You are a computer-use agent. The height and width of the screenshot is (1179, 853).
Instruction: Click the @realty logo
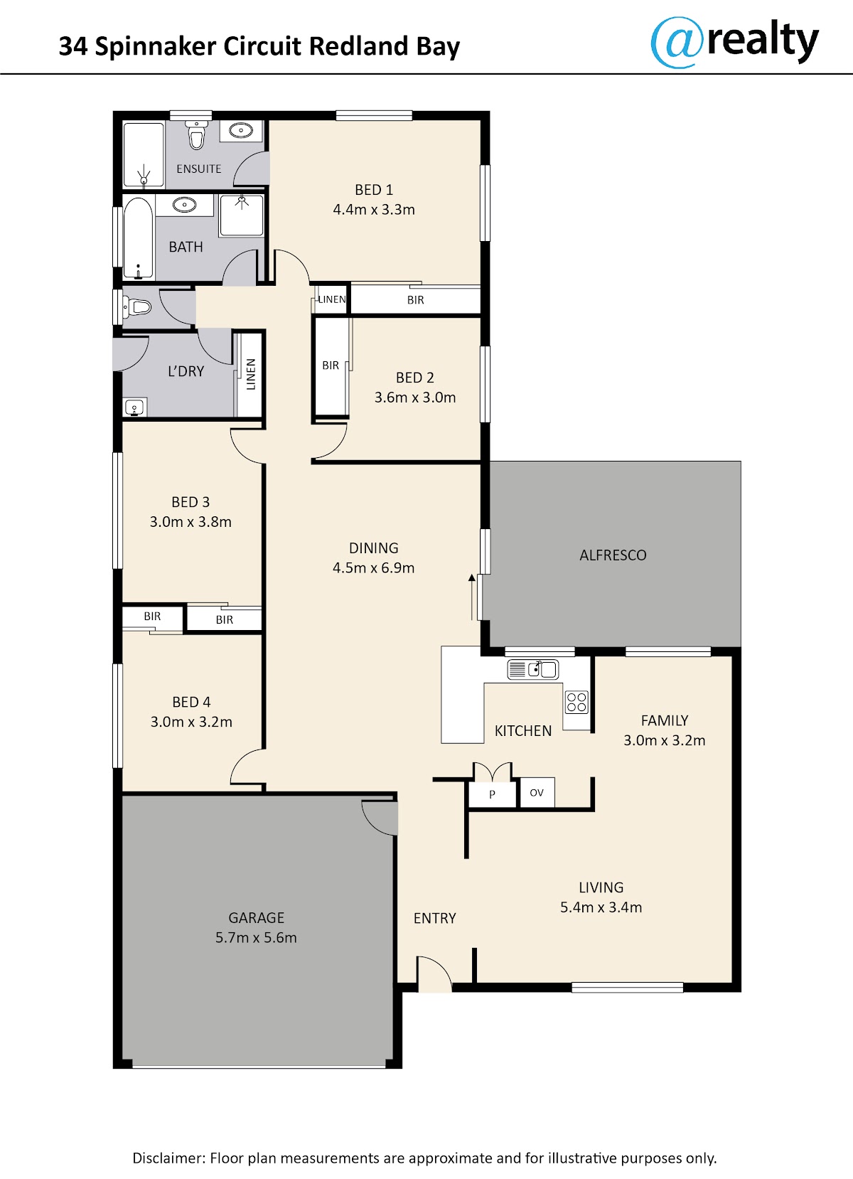[734, 42]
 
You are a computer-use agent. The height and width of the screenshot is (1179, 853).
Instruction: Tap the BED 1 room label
[374, 189]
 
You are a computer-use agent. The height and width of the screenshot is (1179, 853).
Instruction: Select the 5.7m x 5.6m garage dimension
[256, 937]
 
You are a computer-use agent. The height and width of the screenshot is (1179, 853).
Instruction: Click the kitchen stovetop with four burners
[576, 702]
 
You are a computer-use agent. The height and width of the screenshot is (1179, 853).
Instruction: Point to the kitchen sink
[533, 670]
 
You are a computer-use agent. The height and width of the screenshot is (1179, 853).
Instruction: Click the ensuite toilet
[196, 134]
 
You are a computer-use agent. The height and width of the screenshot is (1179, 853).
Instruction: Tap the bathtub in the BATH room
[139, 238]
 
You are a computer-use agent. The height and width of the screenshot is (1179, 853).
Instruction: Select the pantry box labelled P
[492, 793]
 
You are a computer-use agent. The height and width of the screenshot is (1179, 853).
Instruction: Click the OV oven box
[537, 792]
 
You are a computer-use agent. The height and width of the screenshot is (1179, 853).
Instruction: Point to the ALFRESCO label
[613, 555]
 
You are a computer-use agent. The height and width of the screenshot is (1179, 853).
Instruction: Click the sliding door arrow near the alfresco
[471, 597]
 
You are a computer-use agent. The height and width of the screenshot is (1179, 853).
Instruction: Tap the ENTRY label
[434, 918]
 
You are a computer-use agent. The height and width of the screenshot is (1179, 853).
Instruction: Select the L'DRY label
[186, 371]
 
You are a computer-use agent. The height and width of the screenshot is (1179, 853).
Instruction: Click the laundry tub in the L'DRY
[135, 407]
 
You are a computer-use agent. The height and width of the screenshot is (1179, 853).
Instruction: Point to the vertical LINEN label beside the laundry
[251, 374]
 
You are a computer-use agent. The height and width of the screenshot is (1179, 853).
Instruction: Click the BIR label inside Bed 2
[331, 366]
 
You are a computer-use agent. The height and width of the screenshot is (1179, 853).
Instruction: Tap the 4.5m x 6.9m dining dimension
[374, 567]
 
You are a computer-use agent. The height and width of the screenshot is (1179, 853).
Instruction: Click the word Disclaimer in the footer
[169, 1158]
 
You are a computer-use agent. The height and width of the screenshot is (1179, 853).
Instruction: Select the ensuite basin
[240, 130]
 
